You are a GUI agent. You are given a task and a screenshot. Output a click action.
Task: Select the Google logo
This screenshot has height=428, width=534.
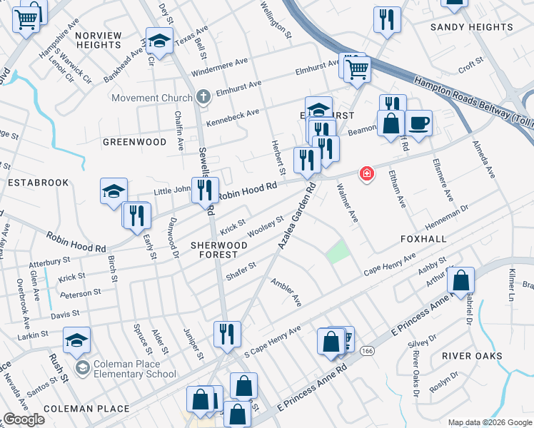pyautogui.click(x=24, y=419)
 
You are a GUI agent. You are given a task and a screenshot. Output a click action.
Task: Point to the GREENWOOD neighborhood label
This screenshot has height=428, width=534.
pyautogui.click(x=134, y=142)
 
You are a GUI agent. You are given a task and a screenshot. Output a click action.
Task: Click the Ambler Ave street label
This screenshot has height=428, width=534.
pyautogui.click(x=286, y=292)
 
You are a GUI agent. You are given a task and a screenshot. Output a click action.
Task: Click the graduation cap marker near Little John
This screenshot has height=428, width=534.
pyautogui.click(x=114, y=191)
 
